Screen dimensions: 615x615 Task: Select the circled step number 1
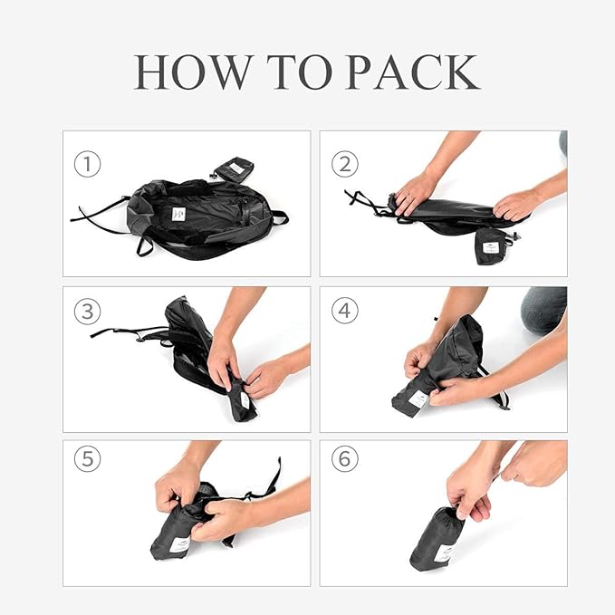point(87,165)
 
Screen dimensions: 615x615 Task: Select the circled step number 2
point(344,165)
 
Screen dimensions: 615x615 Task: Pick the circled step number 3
point(87,311)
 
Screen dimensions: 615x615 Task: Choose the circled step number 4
point(344,311)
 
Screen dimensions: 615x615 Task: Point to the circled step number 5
point(87,459)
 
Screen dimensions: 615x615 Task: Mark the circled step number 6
point(344,459)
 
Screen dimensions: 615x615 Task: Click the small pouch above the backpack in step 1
point(234,168)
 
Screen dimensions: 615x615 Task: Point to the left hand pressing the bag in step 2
point(415,193)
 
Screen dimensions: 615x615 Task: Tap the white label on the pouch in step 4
point(418,399)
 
